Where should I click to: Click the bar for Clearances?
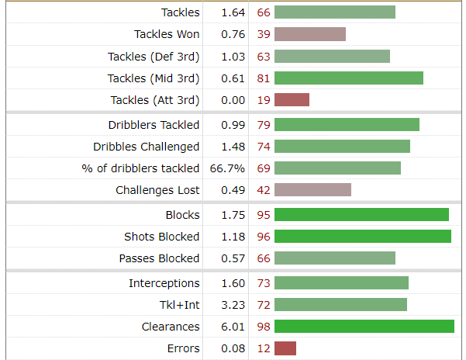coord(364,327)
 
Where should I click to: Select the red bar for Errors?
coord(285,348)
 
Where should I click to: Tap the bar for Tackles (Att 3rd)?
coord(292,100)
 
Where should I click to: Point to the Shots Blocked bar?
coord(362,237)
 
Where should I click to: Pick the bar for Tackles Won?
coord(309,34)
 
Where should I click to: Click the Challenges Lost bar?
coord(312,190)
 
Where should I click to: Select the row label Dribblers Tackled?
coord(154,125)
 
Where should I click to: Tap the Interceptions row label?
coord(164,283)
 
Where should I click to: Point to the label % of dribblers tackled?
coord(140,168)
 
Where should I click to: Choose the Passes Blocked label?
coord(159,258)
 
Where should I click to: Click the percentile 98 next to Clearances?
coord(264,327)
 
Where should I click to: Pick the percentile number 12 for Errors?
coord(264,348)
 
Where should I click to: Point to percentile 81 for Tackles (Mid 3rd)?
coord(264,78)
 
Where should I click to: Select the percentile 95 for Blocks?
coord(264,215)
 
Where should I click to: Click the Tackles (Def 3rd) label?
coord(154,57)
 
